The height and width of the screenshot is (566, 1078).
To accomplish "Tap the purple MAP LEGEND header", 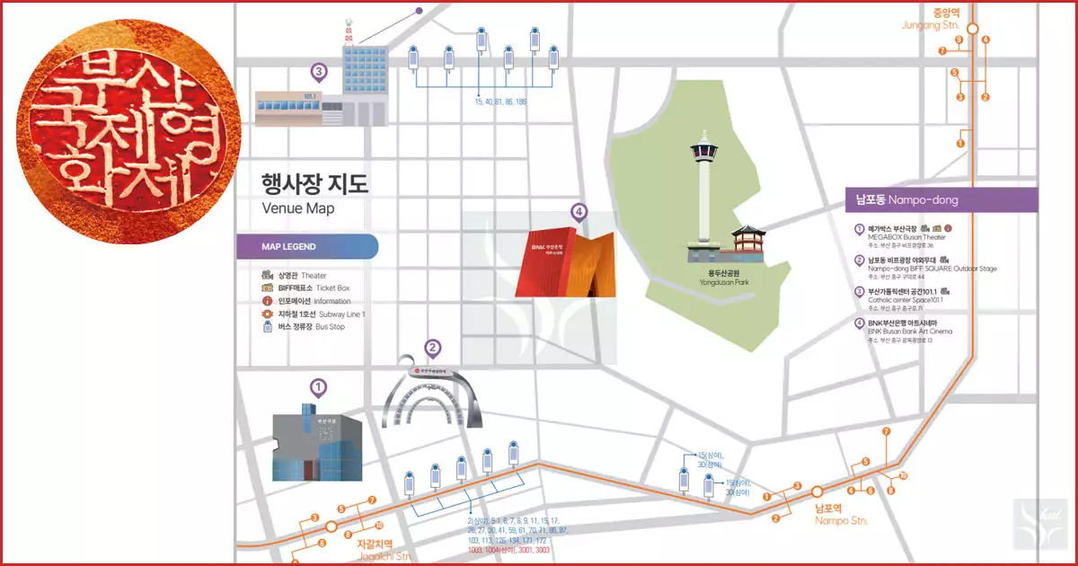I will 306,246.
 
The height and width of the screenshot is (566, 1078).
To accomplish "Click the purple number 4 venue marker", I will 579,212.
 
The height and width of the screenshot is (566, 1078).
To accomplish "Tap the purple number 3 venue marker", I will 318,70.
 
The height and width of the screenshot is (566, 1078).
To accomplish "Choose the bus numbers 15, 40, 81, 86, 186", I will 500,102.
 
